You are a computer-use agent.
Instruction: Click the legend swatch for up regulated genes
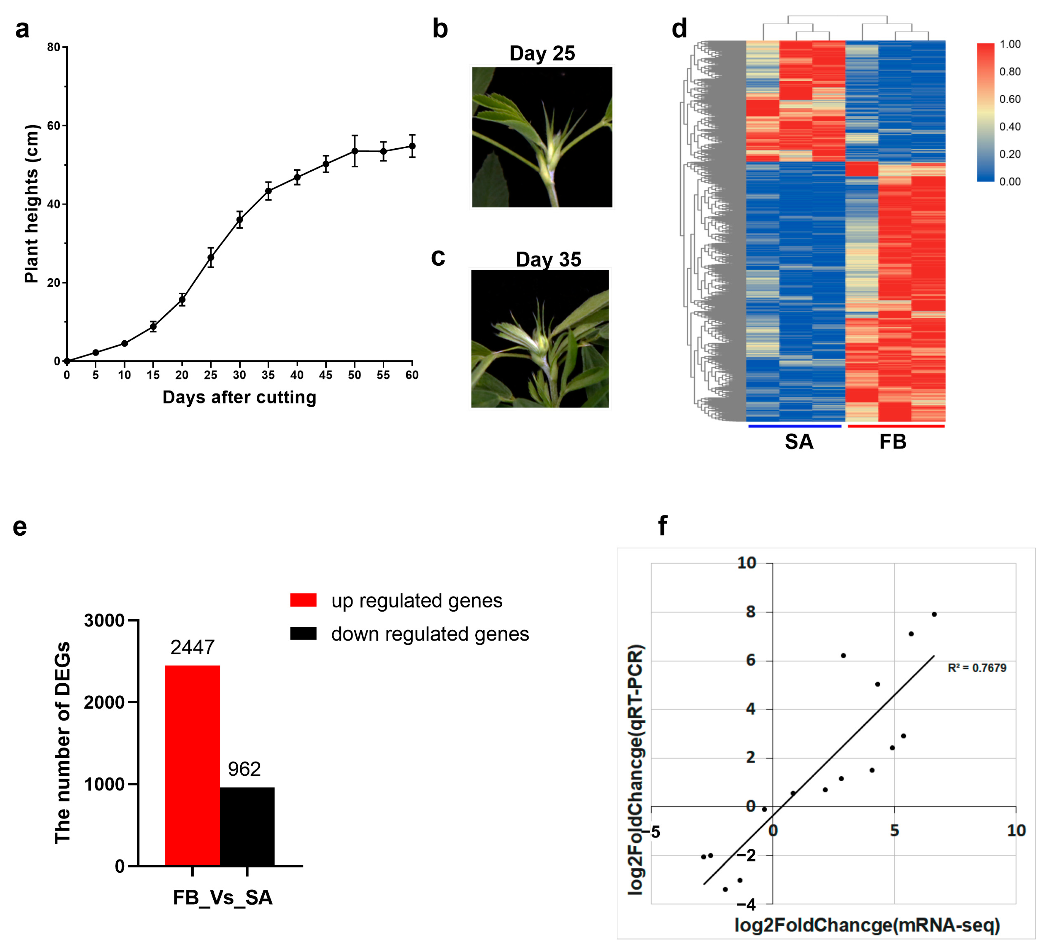click(303, 600)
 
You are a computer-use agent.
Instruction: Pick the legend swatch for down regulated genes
click(303, 633)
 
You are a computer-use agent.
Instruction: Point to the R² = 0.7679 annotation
click(977, 668)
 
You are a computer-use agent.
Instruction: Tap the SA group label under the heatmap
click(799, 442)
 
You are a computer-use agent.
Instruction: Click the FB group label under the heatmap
click(893, 442)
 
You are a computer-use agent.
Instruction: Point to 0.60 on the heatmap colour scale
click(1010, 99)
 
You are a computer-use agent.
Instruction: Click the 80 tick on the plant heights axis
click(54, 47)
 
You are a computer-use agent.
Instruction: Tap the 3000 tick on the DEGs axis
click(104, 620)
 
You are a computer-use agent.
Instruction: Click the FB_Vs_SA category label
click(223, 898)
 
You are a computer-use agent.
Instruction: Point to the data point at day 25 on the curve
click(211, 257)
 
